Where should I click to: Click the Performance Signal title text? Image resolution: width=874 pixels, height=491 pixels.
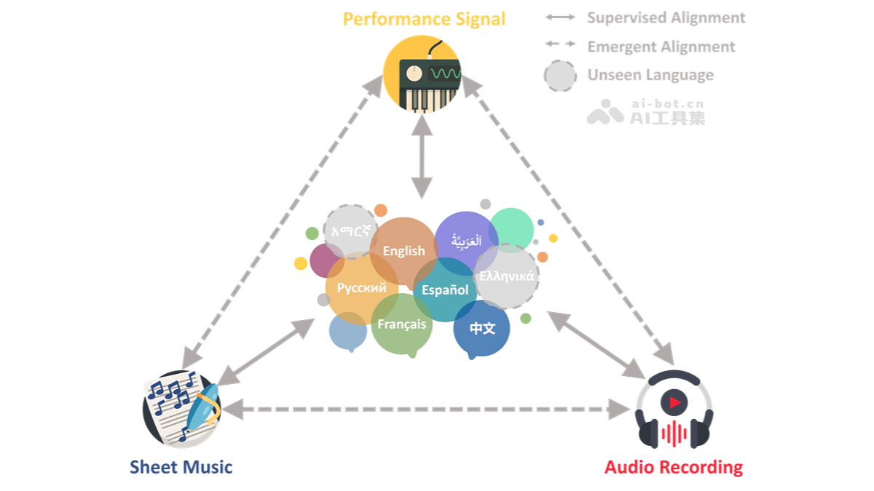coord(424,19)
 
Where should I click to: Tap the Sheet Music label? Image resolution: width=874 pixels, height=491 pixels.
coord(181,467)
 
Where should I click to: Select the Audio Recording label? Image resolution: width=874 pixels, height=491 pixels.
coord(674,467)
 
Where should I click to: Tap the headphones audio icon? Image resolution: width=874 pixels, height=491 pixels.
coord(674,410)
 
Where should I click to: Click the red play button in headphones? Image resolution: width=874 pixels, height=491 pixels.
coord(674,401)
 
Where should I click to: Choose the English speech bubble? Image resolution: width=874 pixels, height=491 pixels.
coord(403,251)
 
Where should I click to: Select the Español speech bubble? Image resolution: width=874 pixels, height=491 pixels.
coord(445,290)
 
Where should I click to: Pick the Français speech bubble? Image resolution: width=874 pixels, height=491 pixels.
coord(402,324)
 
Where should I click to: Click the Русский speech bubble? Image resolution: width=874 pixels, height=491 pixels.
coord(361,288)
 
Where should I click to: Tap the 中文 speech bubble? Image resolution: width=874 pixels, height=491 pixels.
coord(481,328)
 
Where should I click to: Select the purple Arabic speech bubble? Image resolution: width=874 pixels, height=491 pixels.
coord(466,240)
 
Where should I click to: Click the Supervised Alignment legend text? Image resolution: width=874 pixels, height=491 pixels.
coord(666,17)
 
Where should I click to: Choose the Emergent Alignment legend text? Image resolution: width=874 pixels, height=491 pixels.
coord(661,47)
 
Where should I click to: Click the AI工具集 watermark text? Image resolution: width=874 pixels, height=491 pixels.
coord(667,118)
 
